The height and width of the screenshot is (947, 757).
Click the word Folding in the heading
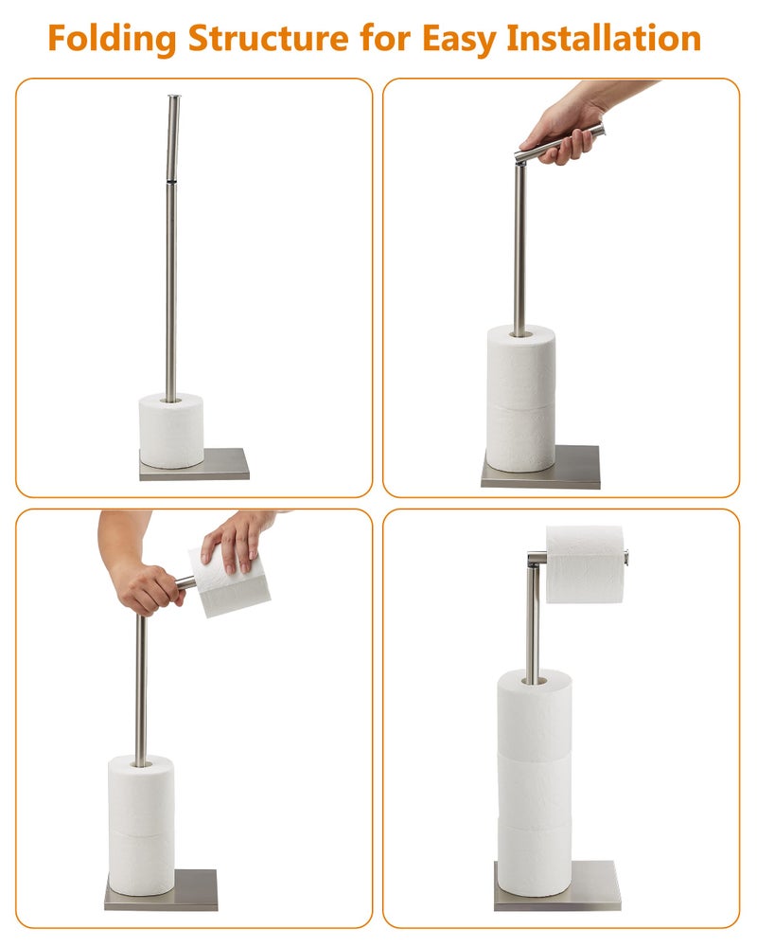click(112, 39)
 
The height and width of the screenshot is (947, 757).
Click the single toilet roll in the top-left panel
click(171, 431)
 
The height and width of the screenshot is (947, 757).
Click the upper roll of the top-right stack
click(520, 365)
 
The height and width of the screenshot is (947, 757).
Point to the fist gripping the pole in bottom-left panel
click(147, 587)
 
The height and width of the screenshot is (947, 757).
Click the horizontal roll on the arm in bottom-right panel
click(584, 563)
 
